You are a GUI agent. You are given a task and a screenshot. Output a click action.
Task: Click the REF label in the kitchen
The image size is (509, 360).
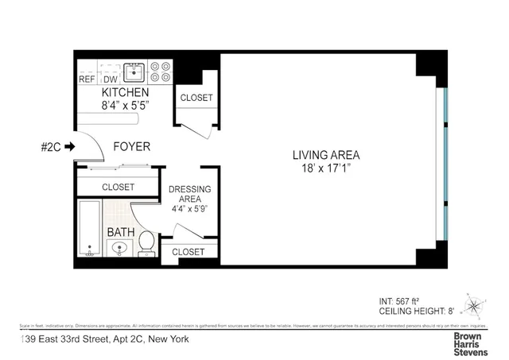coord(87,79)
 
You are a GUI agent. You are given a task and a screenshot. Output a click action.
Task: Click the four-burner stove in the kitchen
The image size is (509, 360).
coord(160,72)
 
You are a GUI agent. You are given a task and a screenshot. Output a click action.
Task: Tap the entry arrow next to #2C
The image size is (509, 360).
coord(70,146)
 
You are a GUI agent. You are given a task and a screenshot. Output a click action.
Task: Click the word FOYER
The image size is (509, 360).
coord(128,146)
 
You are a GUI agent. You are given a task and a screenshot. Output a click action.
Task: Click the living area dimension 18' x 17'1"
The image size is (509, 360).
coord(326,168)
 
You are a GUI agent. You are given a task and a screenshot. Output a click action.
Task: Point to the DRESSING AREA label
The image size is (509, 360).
coord(190,195)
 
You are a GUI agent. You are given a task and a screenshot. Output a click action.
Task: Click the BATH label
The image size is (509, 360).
coord(121,232)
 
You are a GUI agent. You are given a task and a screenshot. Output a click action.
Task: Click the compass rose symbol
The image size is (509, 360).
coord(475,305)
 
